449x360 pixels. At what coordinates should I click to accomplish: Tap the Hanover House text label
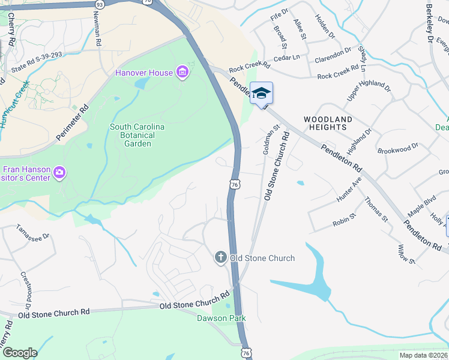[x=145, y=73]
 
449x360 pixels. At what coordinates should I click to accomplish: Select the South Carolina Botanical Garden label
[x=137, y=135]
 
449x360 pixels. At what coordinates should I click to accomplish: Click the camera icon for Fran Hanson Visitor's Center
[x=59, y=173]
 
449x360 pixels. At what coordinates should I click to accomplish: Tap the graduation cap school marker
[x=261, y=94]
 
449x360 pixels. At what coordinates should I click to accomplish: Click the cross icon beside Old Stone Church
[x=220, y=258]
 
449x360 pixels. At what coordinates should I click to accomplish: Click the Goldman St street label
[x=270, y=140]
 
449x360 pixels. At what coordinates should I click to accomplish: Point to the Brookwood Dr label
[x=398, y=149]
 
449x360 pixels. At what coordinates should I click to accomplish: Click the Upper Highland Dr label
[x=369, y=92]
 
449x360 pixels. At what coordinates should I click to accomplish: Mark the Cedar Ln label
[x=286, y=58]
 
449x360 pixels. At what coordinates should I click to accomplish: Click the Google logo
[x=20, y=353]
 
